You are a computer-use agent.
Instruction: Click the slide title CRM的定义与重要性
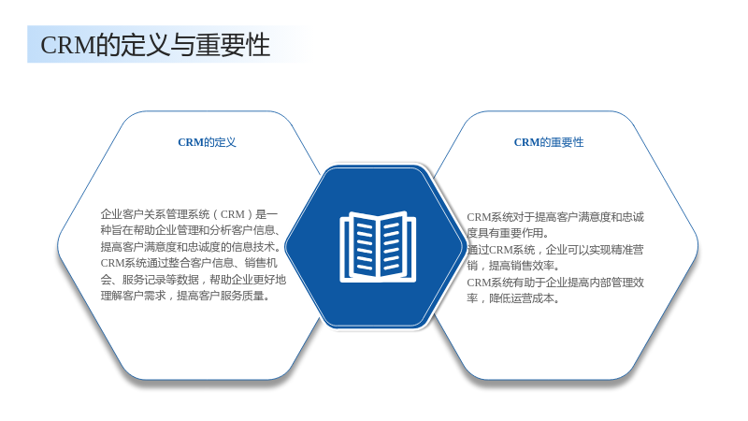(155, 45)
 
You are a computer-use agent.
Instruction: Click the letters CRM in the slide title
(68, 45)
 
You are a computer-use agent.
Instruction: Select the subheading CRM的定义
(207, 142)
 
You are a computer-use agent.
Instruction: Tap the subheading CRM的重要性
(549, 142)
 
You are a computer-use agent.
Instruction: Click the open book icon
(378, 246)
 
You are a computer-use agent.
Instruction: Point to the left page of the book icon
(364, 245)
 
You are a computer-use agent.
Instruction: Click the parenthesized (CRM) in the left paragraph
(232, 214)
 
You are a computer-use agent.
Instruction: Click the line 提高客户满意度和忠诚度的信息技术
(191, 247)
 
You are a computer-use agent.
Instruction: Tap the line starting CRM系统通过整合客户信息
(189, 263)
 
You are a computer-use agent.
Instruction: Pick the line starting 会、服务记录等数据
(194, 280)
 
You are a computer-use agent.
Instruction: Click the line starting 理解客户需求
(186, 296)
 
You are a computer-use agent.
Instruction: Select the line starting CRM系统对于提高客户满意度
(555, 217)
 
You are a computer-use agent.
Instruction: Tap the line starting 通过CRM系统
(555, 250)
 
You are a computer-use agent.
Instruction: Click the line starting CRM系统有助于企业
(555, 283)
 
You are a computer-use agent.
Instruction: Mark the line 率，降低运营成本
(513, 298)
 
